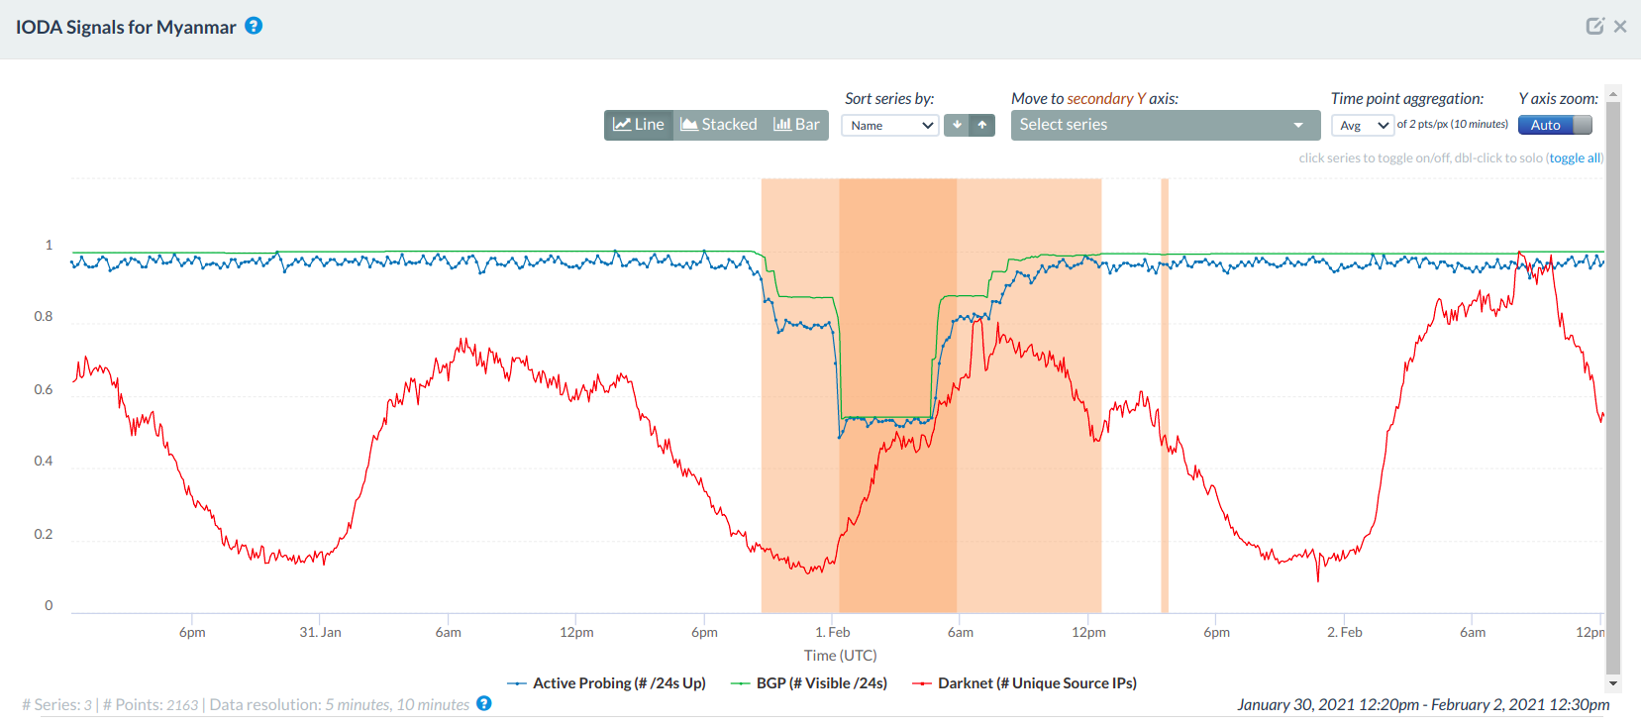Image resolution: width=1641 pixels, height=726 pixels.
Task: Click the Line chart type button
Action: click(x=639, y=125)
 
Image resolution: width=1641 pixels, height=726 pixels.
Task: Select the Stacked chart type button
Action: click(x=719, y=125)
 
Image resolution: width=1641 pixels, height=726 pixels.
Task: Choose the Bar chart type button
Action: click(x=796, y=125)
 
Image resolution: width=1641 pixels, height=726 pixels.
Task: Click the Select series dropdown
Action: click(x=1165, y=125)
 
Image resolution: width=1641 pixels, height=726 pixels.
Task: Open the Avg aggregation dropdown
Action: click(x=1363, y=126)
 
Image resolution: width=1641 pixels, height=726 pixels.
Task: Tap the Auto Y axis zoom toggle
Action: click(x=1555, y=125)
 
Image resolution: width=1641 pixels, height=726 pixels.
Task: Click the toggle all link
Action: click(x=1575, y=158)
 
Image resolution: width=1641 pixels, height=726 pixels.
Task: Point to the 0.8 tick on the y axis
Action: click(x=44, y=317)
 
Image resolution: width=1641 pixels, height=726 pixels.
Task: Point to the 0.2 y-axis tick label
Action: click(x=44, y=535)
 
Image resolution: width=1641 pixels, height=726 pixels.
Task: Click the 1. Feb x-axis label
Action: click(x=832, y=632)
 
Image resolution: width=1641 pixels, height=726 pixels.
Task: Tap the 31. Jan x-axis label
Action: click(x=320, y=632)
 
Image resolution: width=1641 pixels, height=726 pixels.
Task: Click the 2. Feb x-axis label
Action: click(x=1344, y=632)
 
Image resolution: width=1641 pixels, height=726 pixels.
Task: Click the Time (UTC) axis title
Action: click(x=840, y=656)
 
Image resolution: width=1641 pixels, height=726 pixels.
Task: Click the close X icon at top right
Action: click(x=1620, y=27)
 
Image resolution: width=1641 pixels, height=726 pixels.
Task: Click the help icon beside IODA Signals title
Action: click(x=254, y=26)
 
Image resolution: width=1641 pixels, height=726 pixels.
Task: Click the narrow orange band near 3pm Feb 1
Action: click(x=1165, y=396)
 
